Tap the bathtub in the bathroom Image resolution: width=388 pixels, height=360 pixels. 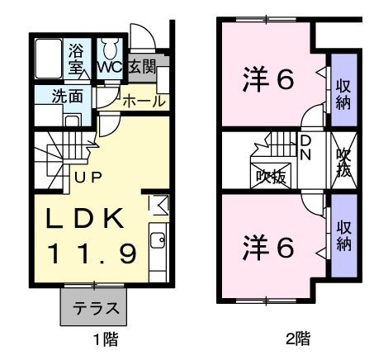(x=49, y=59)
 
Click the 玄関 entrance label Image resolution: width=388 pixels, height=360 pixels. (x=142, y=67)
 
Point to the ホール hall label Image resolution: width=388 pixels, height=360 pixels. (x=144, y=102)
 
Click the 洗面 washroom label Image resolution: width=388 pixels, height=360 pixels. (x=68, y=96)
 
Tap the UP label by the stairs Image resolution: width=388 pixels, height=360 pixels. (x=88, y=178)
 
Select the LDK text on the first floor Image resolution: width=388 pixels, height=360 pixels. (x=85, y=219)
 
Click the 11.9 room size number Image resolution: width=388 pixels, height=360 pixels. (x=92, y=253)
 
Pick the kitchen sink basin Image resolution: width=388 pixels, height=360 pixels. (x=158, y=240)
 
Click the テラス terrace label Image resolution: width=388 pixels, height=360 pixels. (x=96, y=308)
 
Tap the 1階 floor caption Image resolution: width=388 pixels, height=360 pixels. (x=106, y=339)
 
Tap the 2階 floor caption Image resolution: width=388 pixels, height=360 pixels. (x=298, y=339)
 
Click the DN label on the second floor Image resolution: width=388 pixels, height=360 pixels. (x=305, y=148)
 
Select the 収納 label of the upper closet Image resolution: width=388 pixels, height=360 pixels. (x=343, y=94)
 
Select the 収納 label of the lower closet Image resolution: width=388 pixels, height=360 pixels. (x=344, y=235)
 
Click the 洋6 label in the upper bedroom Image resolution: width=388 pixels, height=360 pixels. (x=268, y=79)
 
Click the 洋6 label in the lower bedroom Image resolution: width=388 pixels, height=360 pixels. (x=268, y=247)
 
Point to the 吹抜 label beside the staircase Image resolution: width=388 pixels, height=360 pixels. (x=272, y=176)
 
